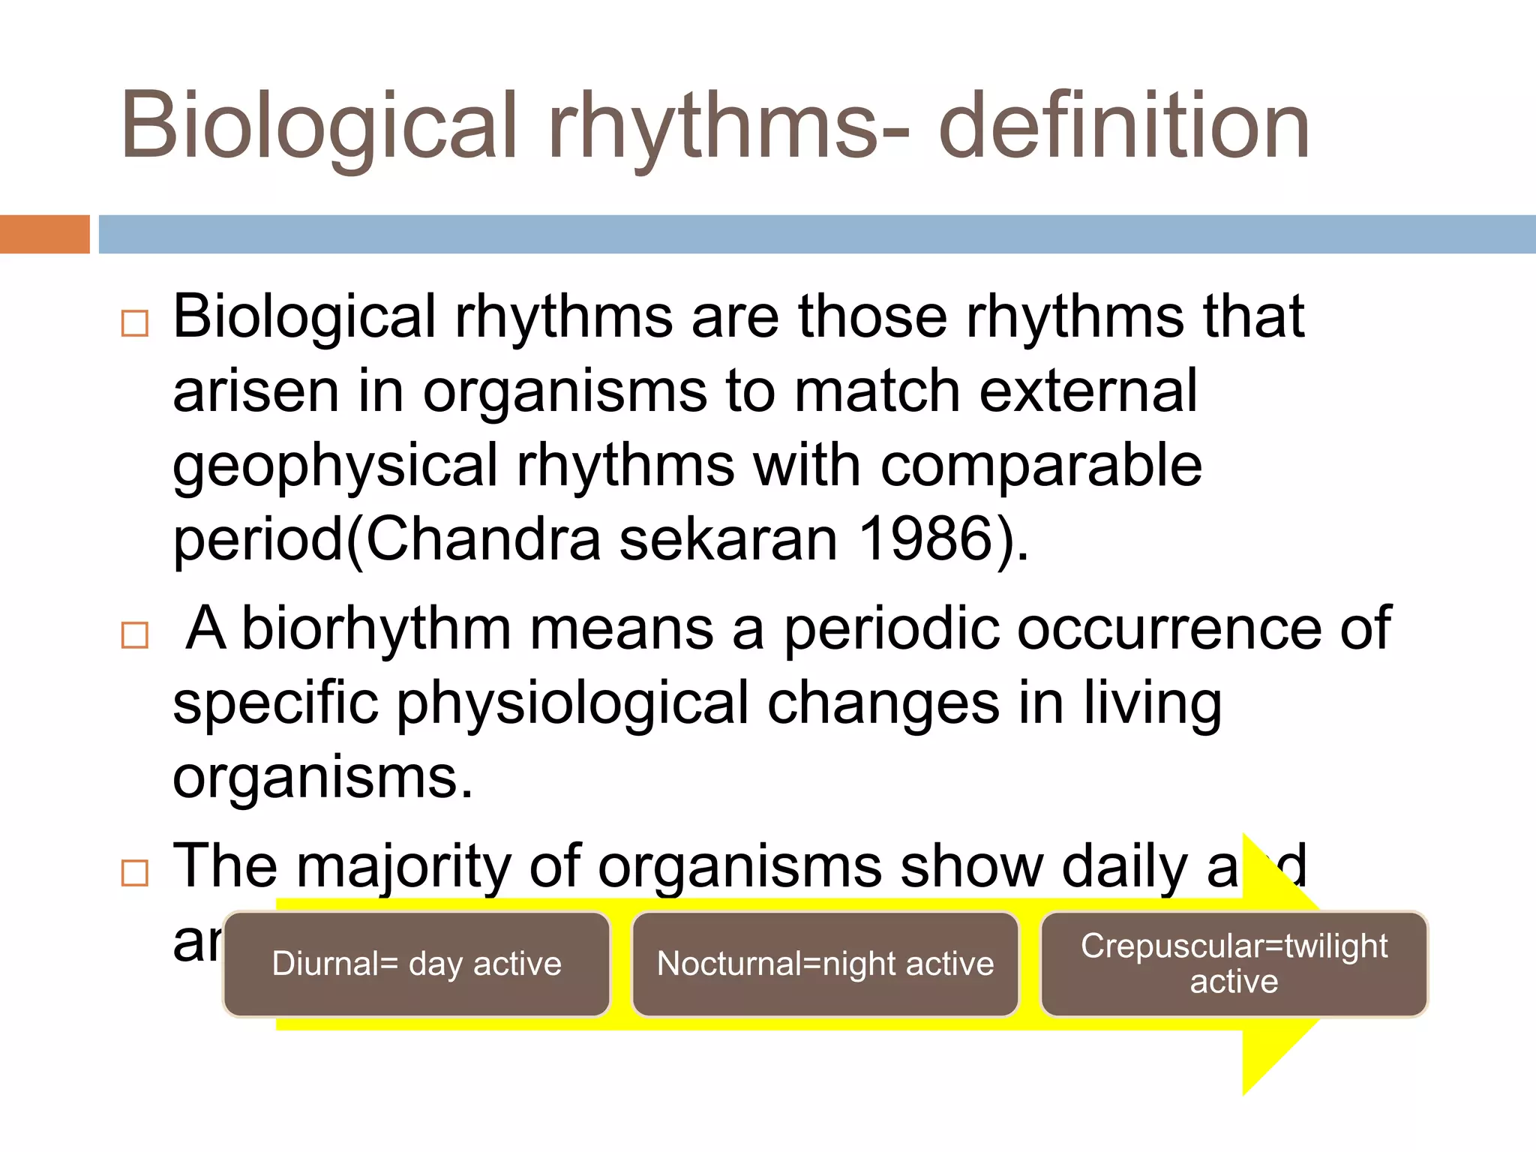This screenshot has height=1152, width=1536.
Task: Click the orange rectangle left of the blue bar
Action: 44,234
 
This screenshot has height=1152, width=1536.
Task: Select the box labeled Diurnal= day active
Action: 417,964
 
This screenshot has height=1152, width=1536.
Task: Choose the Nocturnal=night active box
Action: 825,964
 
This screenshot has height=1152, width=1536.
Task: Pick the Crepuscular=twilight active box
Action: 1234,964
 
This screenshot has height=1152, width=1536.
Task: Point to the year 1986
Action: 927,539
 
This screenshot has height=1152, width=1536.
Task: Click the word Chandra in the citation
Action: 484,539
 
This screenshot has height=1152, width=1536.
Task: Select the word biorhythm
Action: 376,628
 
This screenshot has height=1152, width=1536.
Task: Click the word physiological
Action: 573,703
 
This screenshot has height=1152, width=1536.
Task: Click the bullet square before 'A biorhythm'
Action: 135,635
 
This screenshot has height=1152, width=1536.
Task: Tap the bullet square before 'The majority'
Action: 135,873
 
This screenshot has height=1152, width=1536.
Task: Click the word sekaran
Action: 727,539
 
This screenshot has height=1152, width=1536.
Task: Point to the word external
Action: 1087,391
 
